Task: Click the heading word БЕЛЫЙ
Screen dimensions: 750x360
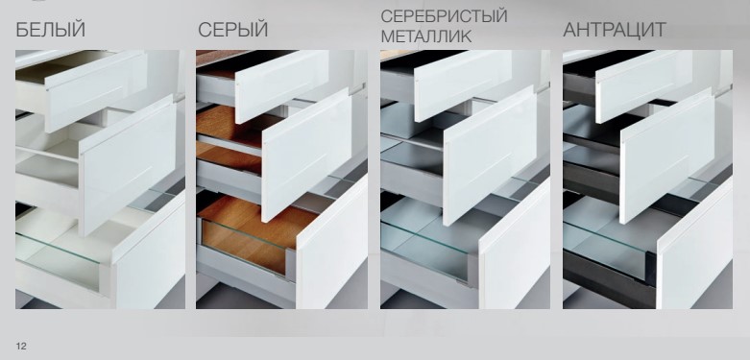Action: [x=51, y=30]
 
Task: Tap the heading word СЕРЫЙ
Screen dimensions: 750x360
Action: [x=233, y=30]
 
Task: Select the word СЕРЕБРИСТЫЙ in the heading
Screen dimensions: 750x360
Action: [x=444, y=15]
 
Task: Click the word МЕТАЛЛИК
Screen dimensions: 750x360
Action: [x=426, y=36]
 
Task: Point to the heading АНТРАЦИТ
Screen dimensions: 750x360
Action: [x=615, y=30]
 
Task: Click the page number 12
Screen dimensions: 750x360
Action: [x=21, y=347]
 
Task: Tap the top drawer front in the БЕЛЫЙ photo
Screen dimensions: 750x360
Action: [x=96, y=91]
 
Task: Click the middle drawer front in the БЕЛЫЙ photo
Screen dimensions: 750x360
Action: [x=128, y=165]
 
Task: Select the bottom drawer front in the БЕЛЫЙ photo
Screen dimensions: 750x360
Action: [x=149, y=251]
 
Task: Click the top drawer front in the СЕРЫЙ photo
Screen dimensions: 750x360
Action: [x=282, y=86]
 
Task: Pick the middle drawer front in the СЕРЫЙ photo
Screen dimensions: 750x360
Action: [x=307, y=155]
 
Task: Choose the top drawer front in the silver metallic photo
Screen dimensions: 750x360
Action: [x=463, y=85]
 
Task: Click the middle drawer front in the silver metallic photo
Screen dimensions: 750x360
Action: [x=490, y=156]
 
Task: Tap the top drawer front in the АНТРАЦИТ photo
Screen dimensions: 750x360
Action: [x=643, y=86]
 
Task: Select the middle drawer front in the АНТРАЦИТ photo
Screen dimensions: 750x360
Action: [x=667, y=156]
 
